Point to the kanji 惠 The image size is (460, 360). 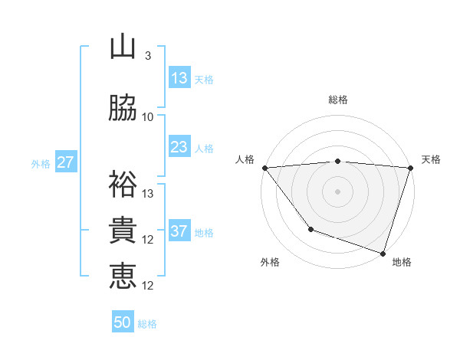pos(123,277)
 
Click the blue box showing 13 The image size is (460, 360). pos(179,78)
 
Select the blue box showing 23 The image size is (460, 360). pos(179,147)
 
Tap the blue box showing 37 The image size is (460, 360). pos(179,231)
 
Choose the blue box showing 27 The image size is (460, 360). pos(65,162)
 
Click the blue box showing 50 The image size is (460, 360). pos(123,322)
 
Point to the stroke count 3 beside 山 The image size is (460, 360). pos(148,56)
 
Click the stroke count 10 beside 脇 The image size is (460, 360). pos(148,117)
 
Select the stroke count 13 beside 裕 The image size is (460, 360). pos(148,194)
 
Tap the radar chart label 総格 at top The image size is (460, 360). pos(338,100)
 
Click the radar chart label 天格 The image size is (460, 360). pos(432,159)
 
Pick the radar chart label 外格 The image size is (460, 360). pos(270,262)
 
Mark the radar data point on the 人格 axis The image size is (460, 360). pos(265,168)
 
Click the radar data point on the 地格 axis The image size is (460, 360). pos(383,253)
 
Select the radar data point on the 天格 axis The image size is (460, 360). pos(410,168)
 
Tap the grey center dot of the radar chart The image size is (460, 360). pos(338,191)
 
